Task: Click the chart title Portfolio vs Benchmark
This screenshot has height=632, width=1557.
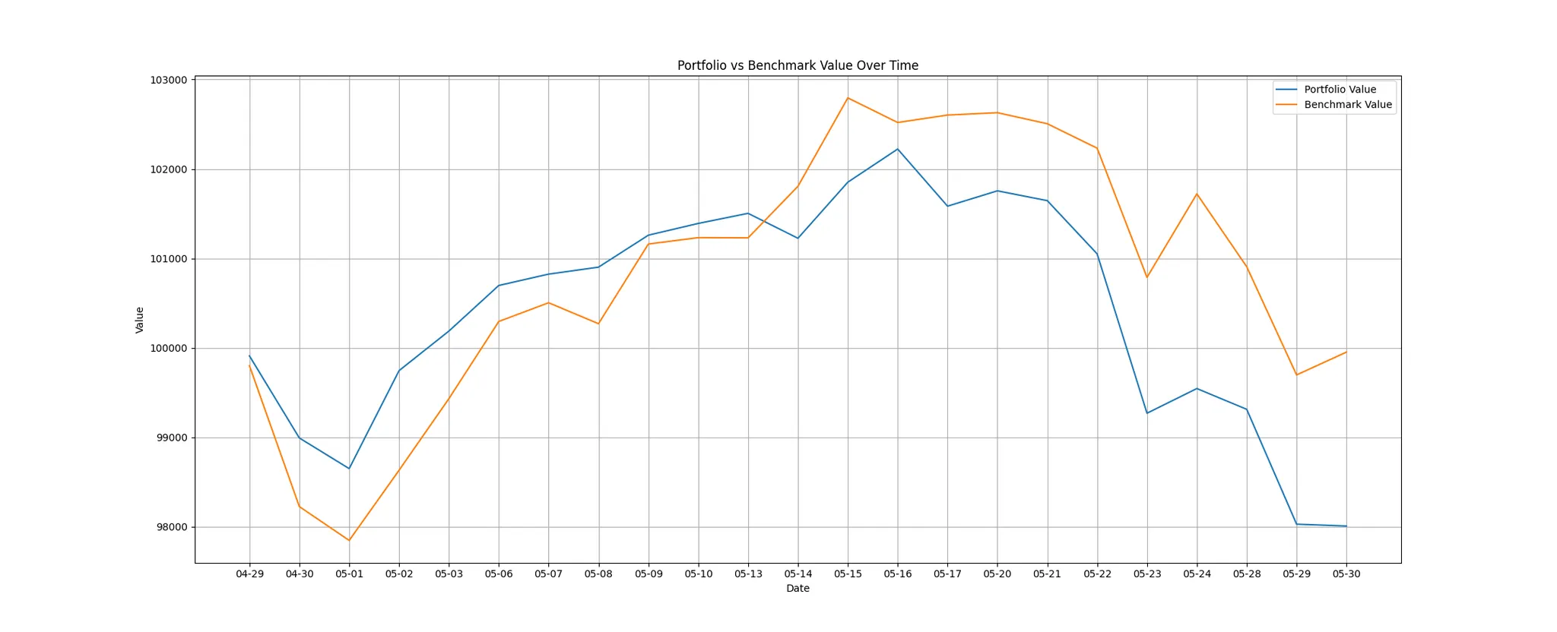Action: (x=798, y=65)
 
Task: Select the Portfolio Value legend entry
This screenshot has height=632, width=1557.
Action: (x=1340, y=90)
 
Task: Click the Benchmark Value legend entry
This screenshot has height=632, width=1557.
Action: (x=1347, y=105)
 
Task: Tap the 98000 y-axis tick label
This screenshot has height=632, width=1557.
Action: (x=170, y=527)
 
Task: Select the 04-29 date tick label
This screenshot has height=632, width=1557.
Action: (x=249, y=574)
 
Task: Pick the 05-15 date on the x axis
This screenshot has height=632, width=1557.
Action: (x=848, y=574)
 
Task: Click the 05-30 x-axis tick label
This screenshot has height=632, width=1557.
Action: (x=1346, y=574)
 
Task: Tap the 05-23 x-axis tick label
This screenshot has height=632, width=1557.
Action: (x=1147, y=574)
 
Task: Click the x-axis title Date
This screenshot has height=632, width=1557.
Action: (x=798, y=589)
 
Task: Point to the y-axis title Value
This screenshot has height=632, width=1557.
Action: (x=140, y=320)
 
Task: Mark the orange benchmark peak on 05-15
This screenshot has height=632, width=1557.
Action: (x=848, y=98)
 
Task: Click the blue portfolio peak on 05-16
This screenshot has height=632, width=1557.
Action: (x=898, y=149)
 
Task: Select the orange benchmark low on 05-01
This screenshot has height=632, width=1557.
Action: (x=349, y=540)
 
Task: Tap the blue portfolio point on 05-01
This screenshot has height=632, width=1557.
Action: (x=349, y=468)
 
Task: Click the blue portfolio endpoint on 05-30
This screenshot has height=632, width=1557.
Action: (x=1346, y=526)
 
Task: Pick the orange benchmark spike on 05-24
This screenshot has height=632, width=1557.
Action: (x=1197, y=194)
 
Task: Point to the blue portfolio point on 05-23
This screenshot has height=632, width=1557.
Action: (x=1147, y=413)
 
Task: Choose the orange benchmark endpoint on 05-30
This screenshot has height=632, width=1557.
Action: (x=1346, y=352)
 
